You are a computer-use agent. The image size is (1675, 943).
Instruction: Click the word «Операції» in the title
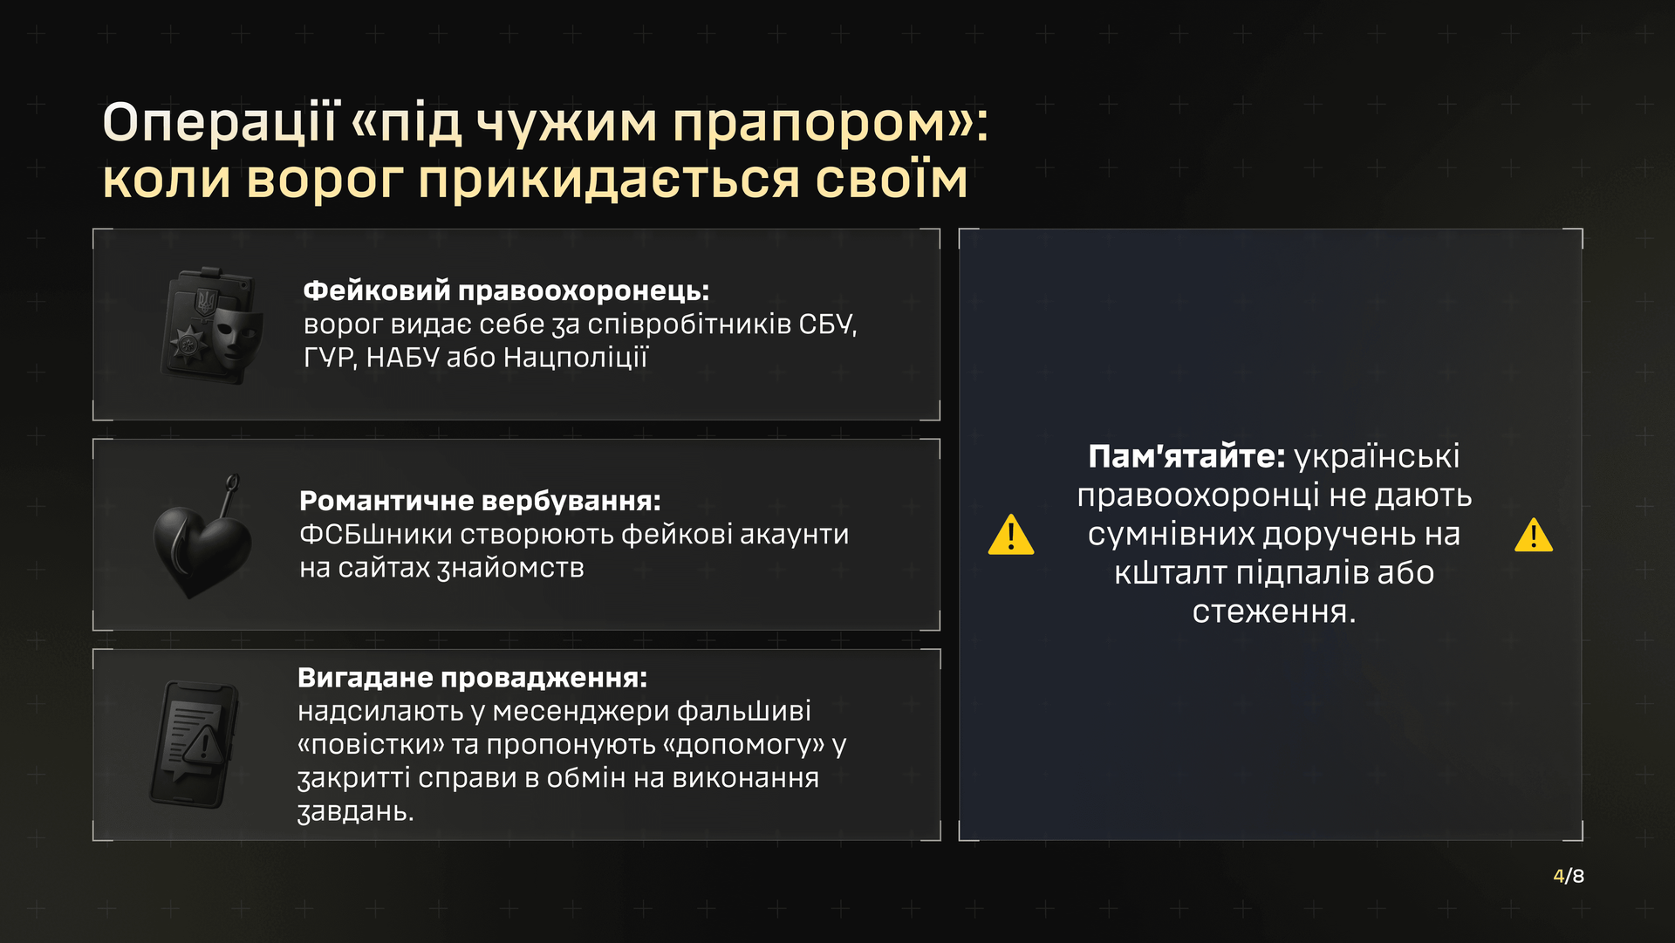219,122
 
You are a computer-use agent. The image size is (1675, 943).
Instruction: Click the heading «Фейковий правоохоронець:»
506,290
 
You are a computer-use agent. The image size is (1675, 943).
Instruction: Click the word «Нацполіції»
576,358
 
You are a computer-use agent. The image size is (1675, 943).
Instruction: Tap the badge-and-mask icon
213,325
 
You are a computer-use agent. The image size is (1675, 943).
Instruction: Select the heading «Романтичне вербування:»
481,501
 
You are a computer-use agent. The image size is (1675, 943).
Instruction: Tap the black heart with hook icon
202,536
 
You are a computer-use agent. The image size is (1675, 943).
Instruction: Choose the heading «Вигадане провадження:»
473,678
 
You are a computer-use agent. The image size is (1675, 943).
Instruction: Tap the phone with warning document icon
195,745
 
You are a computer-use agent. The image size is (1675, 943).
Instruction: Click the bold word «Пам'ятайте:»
1186,456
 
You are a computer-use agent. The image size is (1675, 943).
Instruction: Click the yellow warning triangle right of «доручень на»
1534,535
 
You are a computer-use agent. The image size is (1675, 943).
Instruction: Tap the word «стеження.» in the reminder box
1274,612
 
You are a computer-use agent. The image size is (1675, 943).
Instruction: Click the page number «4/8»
1569,876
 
